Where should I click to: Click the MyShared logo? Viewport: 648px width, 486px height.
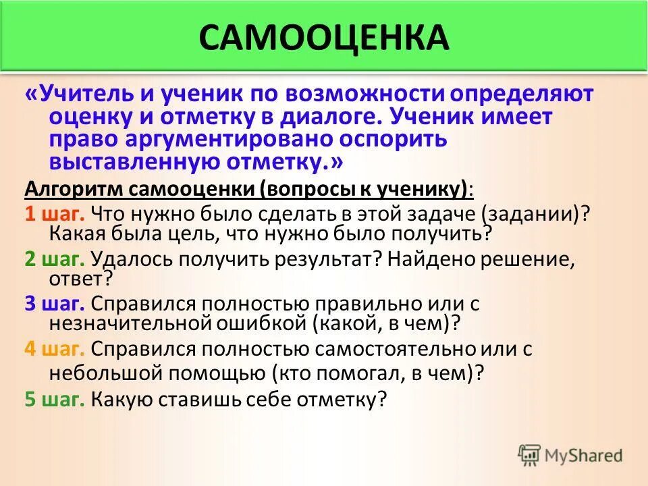570,455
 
